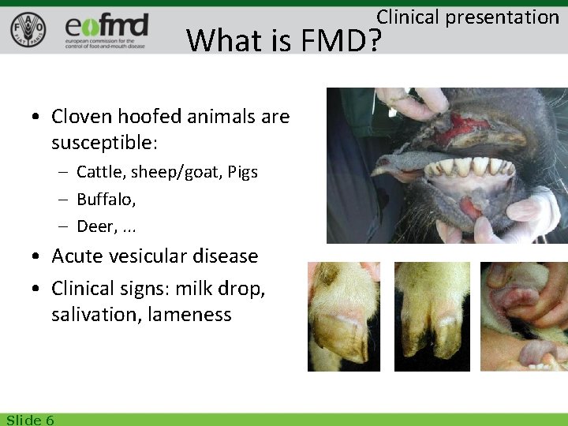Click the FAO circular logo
[x=28, y=30]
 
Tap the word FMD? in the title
[x=339, y=39]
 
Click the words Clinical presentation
[x=467, y=17]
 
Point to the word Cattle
[x=99, y=172]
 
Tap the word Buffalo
[x=105, y=200]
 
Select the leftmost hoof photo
[x=343, y=316]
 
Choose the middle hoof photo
[x=432, y=316]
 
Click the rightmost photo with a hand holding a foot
[x=524, y=316]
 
